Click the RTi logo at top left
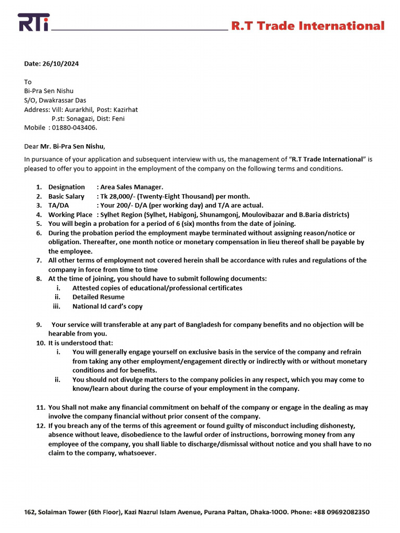click(x=33, y=22)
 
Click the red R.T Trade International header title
click(x=308, y=26)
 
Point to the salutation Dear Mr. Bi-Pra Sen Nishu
click(x=68, y=146)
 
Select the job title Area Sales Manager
click(x=132, y=187)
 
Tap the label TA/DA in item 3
click(x=58, y=206)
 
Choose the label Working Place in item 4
click(x=70, y=214)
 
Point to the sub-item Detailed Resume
click(x=98, y=297)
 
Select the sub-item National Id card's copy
click(x=107, y=307)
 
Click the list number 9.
click(x=39, y=325)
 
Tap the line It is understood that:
click(x=81, y=343)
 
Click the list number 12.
click(x=41, y=425)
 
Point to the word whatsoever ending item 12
click(x=135, y=453)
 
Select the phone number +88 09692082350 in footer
click(x=342, y=512)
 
